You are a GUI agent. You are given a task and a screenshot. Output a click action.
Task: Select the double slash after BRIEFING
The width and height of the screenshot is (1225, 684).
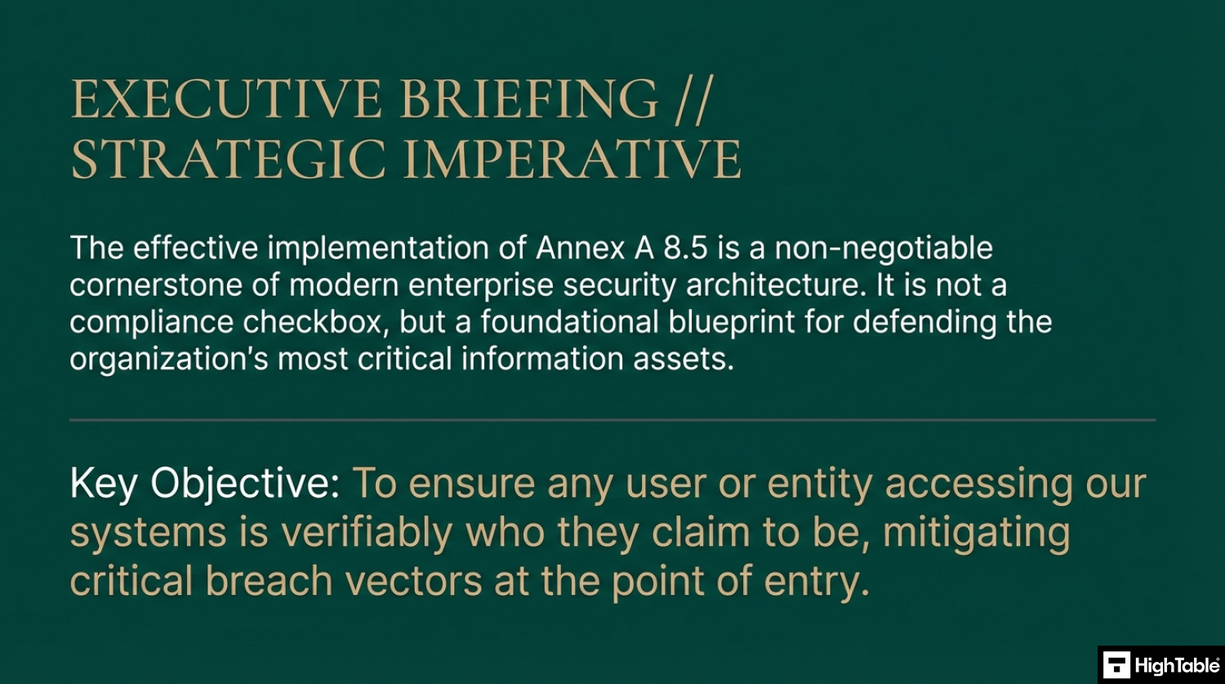[x=693, y=101]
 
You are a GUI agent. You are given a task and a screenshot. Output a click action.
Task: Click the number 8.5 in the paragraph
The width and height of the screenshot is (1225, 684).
[x=685, y=248]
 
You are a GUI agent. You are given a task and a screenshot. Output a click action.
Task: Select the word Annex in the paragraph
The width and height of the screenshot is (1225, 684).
[x=580, y=248]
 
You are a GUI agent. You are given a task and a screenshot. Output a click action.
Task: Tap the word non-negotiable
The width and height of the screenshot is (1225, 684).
[x=883, y=248]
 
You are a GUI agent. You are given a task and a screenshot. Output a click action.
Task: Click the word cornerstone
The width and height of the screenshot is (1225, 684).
[x=156, y=285]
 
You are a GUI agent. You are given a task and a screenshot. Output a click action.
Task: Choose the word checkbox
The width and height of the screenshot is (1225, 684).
[x=312, y=322]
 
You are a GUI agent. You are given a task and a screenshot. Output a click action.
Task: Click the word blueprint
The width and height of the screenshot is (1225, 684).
[x=731, y=323]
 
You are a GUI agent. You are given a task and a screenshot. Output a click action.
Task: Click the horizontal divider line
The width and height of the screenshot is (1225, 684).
[x=612, y=420]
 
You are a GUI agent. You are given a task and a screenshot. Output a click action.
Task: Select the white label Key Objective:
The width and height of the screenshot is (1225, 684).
[x=205, y=484]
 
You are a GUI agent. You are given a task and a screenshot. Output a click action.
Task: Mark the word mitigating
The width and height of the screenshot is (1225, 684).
[x=977, y=533]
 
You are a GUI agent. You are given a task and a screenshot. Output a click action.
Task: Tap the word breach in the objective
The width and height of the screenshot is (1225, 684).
[x=269, y=581]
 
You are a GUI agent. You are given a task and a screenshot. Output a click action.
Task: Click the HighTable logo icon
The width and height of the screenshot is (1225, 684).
[x=1116, y=665]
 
